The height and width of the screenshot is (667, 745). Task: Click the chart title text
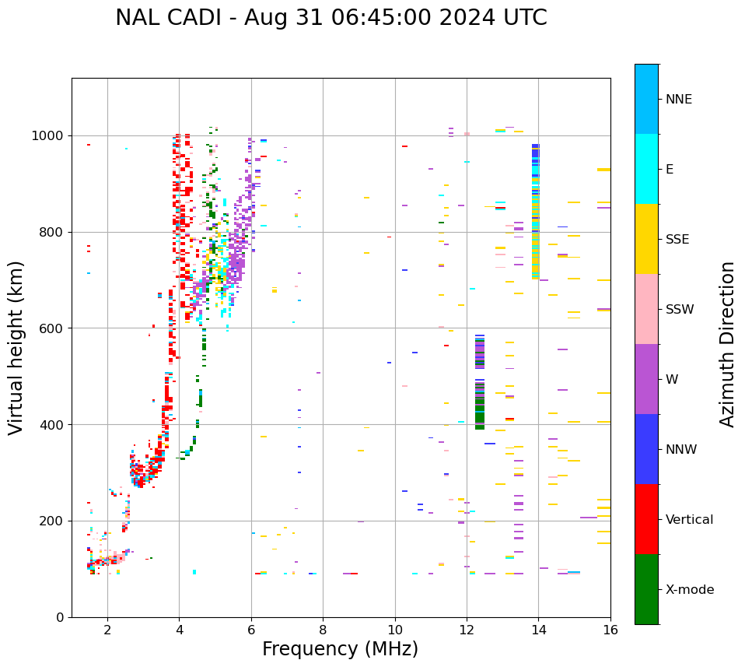(331, 18)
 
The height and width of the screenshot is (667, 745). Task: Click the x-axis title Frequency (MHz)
(340, 649)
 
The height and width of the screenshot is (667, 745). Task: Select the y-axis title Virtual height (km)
(16, 347)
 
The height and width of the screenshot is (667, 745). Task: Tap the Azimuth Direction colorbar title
(727, 344)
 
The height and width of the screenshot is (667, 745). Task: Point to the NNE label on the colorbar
(679, 100)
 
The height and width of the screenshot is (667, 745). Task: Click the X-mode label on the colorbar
(690, 590)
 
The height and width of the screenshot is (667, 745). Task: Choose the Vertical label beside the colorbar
(689, 520)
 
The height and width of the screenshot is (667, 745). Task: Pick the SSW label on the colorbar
(680, 310)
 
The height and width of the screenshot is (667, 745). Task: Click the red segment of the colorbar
(646, 519)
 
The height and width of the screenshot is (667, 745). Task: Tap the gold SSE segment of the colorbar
(646, 239)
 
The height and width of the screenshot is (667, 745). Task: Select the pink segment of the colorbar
(646, 309)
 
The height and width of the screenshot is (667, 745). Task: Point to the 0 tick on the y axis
(61, 617)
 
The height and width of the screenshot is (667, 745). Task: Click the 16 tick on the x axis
(610, 629)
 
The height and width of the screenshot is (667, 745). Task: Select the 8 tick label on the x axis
(323, 629)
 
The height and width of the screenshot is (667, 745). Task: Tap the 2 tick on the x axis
(107, 629)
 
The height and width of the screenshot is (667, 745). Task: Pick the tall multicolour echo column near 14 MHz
(535, 210)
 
